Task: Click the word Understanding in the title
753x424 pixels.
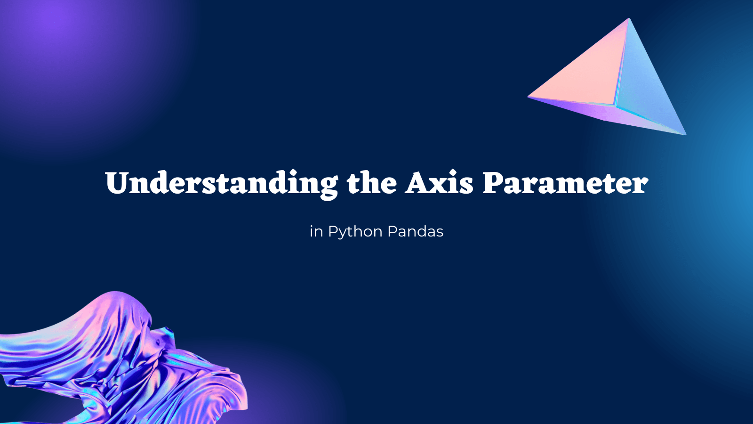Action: [x=222, y=183]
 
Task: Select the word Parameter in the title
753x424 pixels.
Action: [x=565, y=183]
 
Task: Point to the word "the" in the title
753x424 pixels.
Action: [x=372, y=183]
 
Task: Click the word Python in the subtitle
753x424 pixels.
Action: [x=355, y=232]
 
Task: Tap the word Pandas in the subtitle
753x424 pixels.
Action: [x=416, y=231]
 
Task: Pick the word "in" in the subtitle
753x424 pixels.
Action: [x=316, y=231]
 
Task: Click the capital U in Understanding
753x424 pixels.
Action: [x=117, y=183]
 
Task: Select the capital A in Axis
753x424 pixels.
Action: [x=419, y=183]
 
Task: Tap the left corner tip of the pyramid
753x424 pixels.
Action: [x=529, y=97]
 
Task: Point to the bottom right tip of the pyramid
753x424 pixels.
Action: [x=685, y=134]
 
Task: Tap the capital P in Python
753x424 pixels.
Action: [x=333, y=231]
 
